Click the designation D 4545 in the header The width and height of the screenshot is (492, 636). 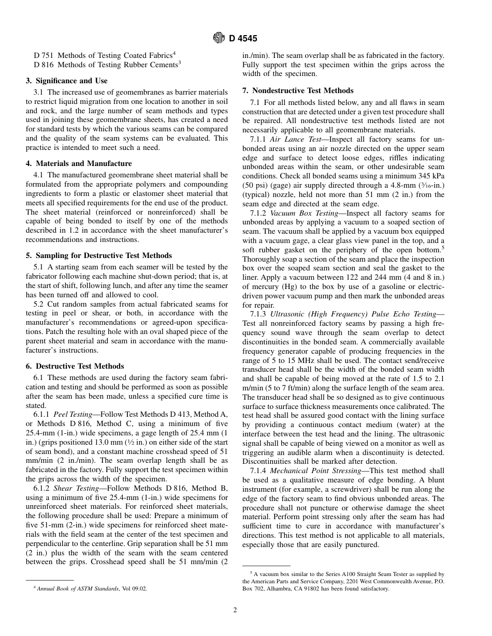tap(243, 39)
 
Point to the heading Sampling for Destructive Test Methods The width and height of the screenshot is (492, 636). tap(99, 255)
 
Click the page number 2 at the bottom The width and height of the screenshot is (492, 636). tap(235, 610)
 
